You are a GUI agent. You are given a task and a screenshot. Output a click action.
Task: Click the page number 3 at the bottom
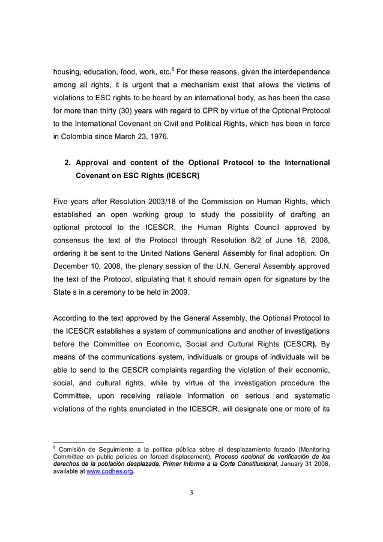click(191, 493)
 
